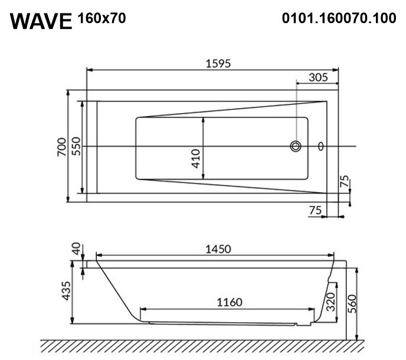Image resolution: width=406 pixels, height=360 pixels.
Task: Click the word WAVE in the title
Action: [x=41, y=21]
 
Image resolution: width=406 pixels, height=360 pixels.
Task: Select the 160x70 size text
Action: [x=102, y=18]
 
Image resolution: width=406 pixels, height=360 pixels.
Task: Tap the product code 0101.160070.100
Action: [x=339, y=18]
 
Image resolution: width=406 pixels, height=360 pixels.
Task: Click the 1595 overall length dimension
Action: [x=218, y=64]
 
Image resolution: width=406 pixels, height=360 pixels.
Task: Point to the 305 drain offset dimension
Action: [x=318, y=77]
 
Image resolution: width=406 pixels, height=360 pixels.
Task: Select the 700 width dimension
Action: [x=61, y=147]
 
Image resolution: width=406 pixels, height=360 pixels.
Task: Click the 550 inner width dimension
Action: [x=76, y=146]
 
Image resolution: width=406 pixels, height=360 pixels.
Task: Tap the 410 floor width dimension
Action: [x=196, y=159]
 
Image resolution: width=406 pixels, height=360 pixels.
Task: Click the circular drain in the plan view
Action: [x=296, y=146]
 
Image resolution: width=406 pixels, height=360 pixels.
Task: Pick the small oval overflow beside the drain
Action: [x=321, y=146]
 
